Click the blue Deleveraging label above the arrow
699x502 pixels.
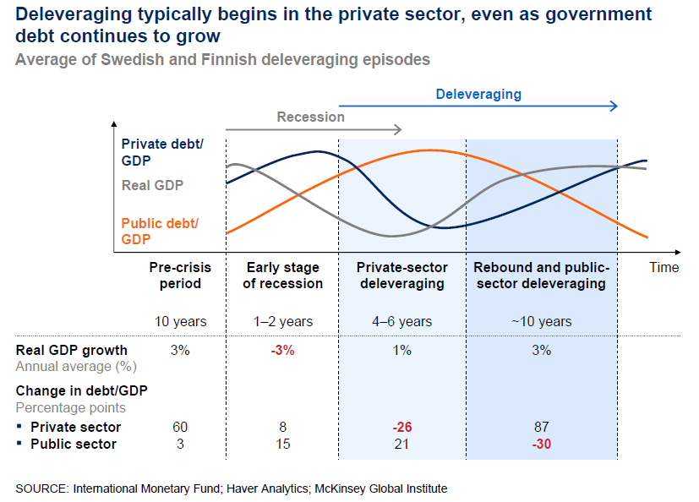[x=478, y=94]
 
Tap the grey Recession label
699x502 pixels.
[x=310, y=117]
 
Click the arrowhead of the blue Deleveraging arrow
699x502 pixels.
[x=614, y=106]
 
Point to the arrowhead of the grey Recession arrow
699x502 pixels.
[x=396, y=129]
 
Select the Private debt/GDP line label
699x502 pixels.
[x=161, y=152]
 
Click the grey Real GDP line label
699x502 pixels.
[x=152, y=185]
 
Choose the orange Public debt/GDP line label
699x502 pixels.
[x=160, y=231]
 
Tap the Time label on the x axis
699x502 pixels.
[x=664, y=267]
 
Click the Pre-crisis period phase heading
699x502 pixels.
[x=180, y=276]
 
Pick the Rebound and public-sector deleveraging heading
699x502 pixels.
[x=541, y=276]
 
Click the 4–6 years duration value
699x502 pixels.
[x=402, y=321]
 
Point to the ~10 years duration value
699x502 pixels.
[x=541, y=321]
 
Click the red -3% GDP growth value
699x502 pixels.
[x=282, y=350]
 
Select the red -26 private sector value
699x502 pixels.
[x=402, y=427]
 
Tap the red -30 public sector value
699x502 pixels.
[x=541, y=444]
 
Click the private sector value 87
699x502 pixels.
[x=541, y=427]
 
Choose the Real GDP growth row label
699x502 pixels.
[x=72, y=350]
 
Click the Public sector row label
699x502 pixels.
[x=74, y=444]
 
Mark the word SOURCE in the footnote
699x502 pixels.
[x=41, y=488]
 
